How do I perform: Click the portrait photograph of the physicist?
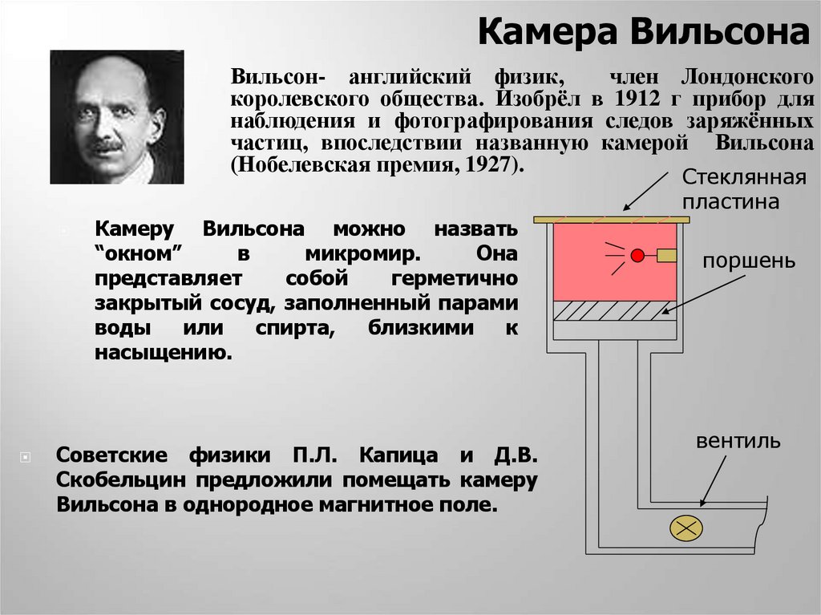pos(117,117)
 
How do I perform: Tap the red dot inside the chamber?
pos(637,256)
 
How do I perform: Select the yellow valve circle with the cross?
pos(686,528)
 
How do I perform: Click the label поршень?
pos(749,261)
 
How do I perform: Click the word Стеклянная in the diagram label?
pos(731,177)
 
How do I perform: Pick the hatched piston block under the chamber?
pos(613,311)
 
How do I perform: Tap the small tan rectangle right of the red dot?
pos(667,256)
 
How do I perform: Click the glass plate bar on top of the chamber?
pos(612,219)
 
